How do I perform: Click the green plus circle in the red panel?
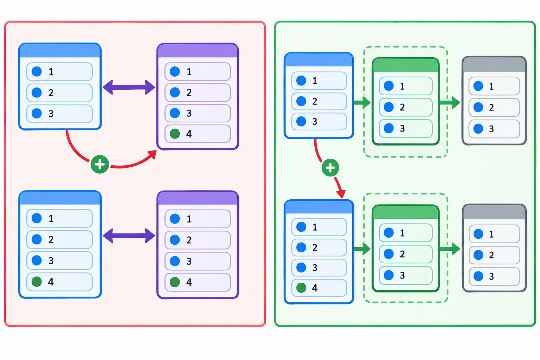click(x=99, y=164)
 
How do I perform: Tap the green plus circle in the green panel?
click(x=330, y=168)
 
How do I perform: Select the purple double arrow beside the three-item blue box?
click(x=129, y=87)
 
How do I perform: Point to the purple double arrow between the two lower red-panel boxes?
click(x=129, y=236)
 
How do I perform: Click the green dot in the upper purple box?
click(x=175, y=134)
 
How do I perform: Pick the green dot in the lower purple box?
click(x=175, y=282)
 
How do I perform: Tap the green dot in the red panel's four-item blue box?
click(x=37, y=281)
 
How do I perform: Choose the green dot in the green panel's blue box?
click(x=301, y=288)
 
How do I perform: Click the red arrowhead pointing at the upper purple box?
click(x=153, y=154)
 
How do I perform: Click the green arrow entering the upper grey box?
click(x=450, y=103)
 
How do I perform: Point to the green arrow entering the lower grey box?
click(x=450, y=249)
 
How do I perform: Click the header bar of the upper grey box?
click(x=494, y=64)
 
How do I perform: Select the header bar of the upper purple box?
click(x=198, y=51)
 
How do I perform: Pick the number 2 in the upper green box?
click(x=402, y=107)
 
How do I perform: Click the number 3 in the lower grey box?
click(x=491, y=276)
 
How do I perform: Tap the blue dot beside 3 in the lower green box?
click(x=388, y=275)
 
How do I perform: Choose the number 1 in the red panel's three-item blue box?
click(x=51, y=72)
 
